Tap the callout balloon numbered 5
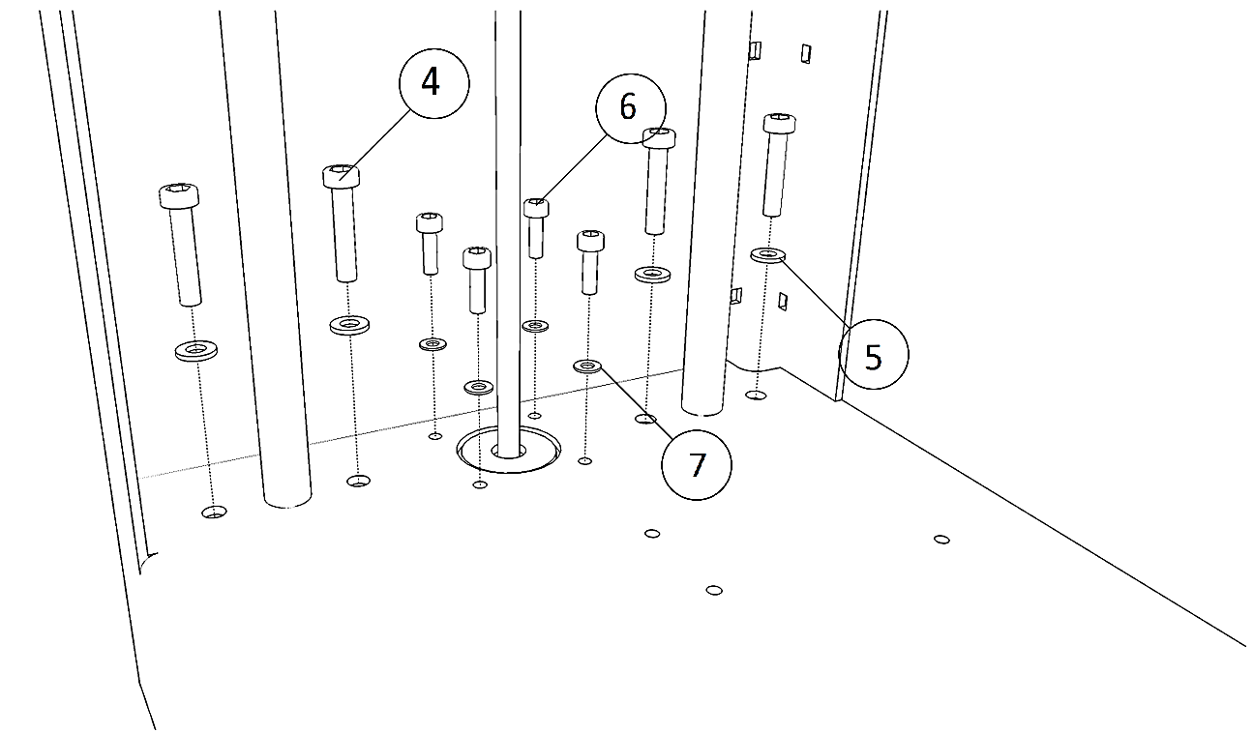(x=873, y=355)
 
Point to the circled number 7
(x=696, y=465)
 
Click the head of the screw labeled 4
(x=341, y=176)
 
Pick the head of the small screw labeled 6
(x=536, y=207)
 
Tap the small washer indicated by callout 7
(x=587, y=366)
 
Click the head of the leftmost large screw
(x=179, y=195)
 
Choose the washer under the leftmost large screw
(x=196, y=349)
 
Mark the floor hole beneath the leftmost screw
(x=214, y=512)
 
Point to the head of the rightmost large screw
(x=779, y=124)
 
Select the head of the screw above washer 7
(x=590, y=240)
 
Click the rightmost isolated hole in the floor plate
(x=940, y=540)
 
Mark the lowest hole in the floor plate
(x=714, y=590)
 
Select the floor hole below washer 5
(x=758, y=395)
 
